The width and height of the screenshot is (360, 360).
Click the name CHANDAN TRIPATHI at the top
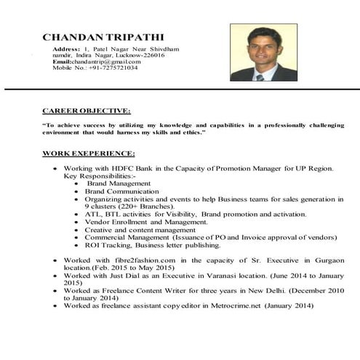click(x=103, y=37)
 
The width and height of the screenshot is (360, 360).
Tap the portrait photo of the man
click(x=263, y=52)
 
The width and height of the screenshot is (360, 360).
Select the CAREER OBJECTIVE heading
click(x=87, y=111)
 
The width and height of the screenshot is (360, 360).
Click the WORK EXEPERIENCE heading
click(x=89, y=153)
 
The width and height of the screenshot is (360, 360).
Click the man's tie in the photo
click(x=259, y=75)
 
